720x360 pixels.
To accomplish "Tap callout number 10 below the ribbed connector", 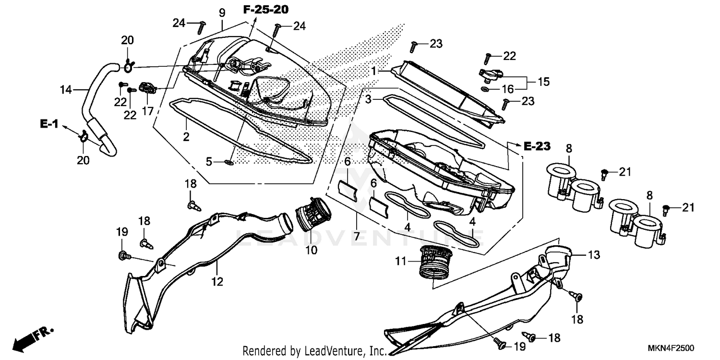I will (312, 250).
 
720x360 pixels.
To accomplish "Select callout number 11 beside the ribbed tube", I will (401, 262).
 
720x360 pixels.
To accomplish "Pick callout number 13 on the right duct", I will (594, 255).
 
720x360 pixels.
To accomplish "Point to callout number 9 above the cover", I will (222, 12).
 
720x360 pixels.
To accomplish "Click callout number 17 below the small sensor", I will (147, 111).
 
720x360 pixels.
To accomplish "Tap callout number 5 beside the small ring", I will (209, 162).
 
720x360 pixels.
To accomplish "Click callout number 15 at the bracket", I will (543, 82).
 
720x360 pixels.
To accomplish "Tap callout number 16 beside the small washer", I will (508, 89).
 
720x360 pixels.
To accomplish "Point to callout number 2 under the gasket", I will (186, 137).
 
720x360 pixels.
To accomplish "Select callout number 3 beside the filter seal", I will (368, 99).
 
